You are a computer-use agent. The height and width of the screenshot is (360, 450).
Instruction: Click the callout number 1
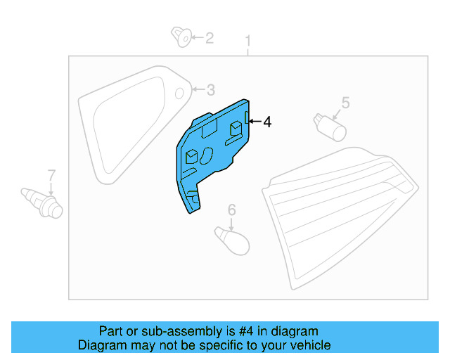(x=247, y=41)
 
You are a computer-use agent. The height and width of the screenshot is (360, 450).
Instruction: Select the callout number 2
(x=209, y=37)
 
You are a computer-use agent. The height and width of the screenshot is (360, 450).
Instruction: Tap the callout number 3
(x=211, y=89)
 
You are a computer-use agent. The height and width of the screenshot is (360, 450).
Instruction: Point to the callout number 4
(x=266, y=122)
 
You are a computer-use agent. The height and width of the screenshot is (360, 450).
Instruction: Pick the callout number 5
(x=345, y=103)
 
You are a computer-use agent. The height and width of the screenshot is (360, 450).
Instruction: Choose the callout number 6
(x=231, y=209)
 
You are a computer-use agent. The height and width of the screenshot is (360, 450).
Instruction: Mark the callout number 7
(x=51, y=174)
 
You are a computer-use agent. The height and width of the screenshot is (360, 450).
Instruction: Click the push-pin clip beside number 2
(x=182, y=36)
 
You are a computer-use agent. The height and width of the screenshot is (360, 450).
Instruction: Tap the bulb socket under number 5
(x=330, y=127)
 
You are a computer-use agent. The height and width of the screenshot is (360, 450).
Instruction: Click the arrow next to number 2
(x=197, y=37)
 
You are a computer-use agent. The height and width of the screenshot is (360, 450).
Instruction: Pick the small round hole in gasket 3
(x=179, y=92)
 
